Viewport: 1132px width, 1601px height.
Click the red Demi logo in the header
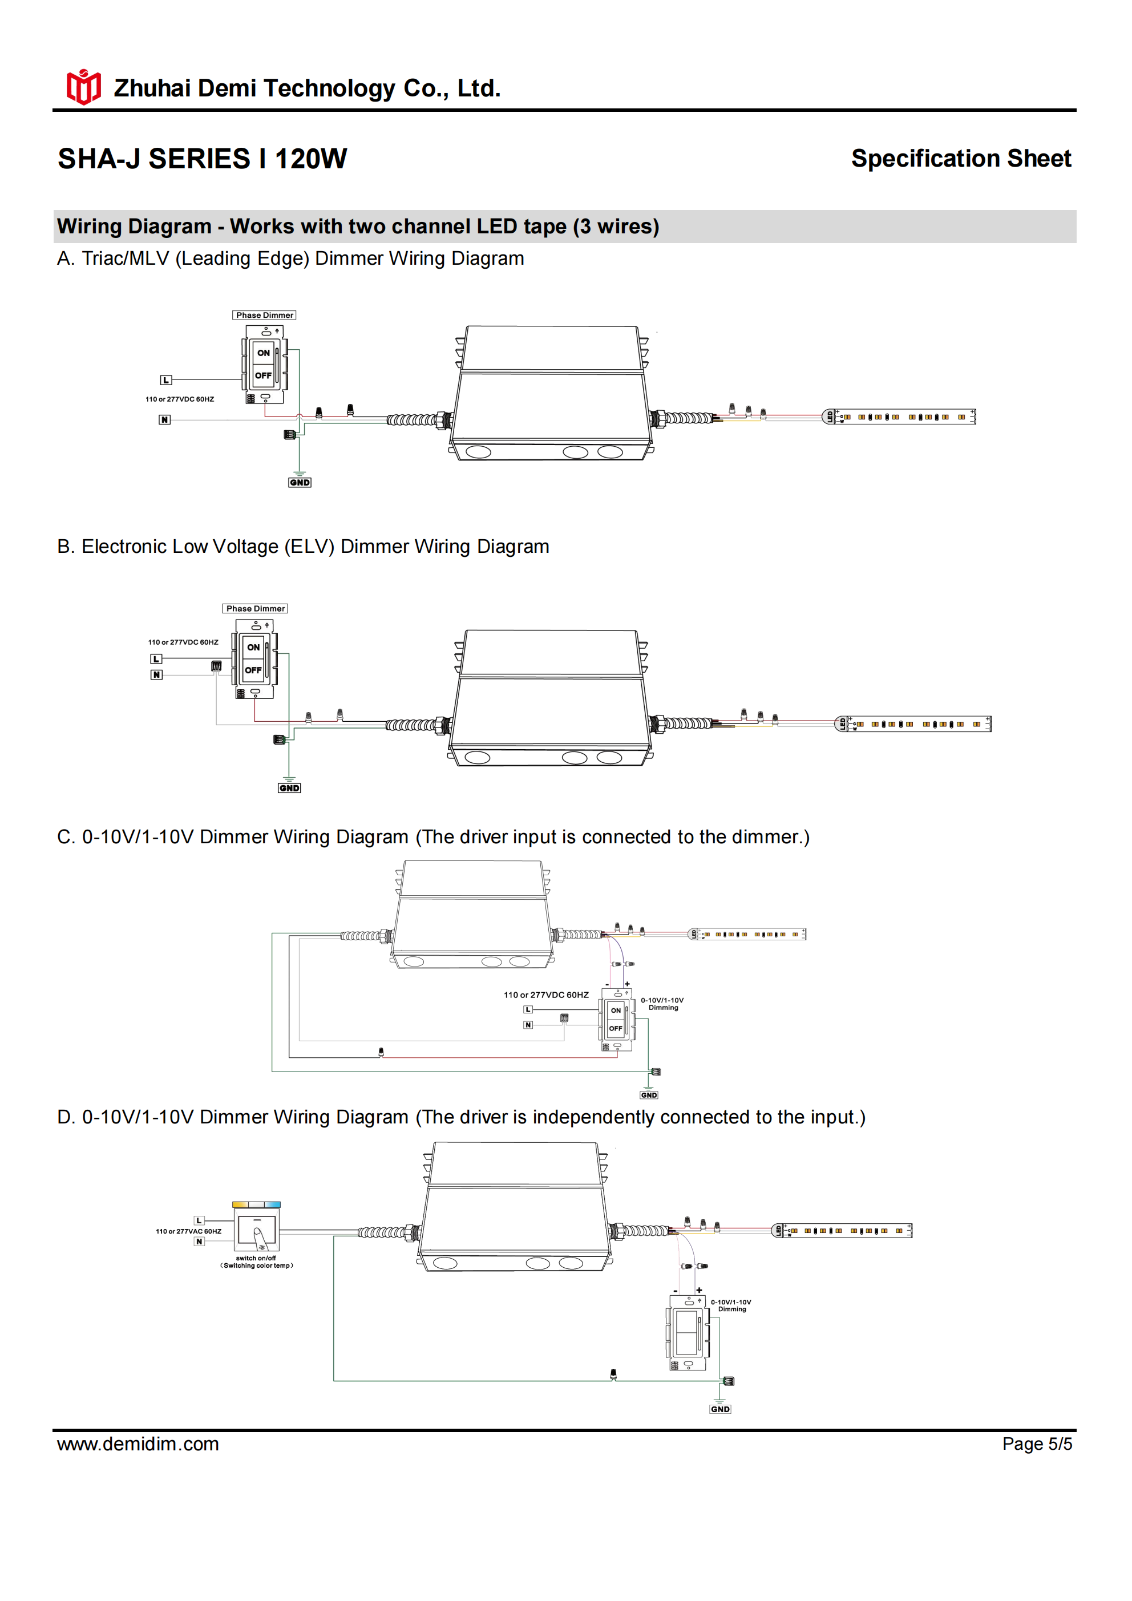(84, 87)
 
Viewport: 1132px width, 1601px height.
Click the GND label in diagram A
(300, 483)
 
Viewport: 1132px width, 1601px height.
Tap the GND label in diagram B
(289, 788)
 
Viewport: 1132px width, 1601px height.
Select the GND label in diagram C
(649, 1095)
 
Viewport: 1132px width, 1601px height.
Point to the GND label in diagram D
(721, 1409)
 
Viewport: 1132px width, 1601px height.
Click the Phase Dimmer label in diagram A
(264, 315)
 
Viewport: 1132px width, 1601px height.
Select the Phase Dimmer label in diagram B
(255, 609)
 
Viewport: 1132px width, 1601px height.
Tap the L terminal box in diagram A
(165, 380)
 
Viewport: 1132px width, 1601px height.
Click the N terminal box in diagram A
(164, 420)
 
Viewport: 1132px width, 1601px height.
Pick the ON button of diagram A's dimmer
(264, 353)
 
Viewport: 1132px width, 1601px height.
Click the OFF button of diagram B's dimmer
(253, 670)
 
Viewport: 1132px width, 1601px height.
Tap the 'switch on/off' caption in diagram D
(256, 1259)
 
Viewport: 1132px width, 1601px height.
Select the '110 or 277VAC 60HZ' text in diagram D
(188, 1231)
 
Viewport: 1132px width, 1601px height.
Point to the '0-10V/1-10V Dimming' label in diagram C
(662, 1004)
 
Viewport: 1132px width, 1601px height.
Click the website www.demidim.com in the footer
(138, 1444)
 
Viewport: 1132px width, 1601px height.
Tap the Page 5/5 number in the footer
(1037, 1444)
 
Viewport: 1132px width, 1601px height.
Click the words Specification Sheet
(960, 159)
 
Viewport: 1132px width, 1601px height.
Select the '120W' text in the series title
(310, 159)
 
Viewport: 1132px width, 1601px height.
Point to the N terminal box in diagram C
(528, 1025)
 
